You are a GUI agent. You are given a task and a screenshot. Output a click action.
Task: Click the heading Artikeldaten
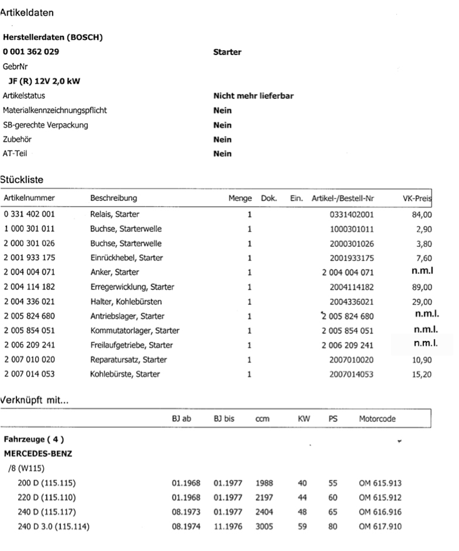(26, 12)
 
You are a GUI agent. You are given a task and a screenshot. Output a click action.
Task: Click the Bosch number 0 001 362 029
(31, 52)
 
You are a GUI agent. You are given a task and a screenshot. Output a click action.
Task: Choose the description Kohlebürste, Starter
(125, 375)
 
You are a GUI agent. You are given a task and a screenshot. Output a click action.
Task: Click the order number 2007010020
(352, 360)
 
